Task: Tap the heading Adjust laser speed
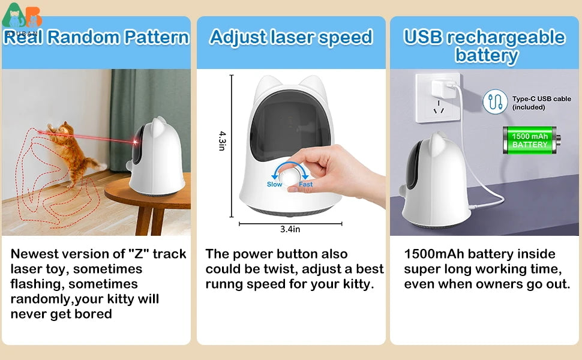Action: point(291,37)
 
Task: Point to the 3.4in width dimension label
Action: point(290,229)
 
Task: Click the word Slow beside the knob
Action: point(274,185)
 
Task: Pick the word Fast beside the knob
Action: point(306,185)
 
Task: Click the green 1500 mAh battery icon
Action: point(530,141)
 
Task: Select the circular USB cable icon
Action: point(495,102)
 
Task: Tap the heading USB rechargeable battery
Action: point(485,46)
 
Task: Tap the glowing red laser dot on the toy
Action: point(137,142)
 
